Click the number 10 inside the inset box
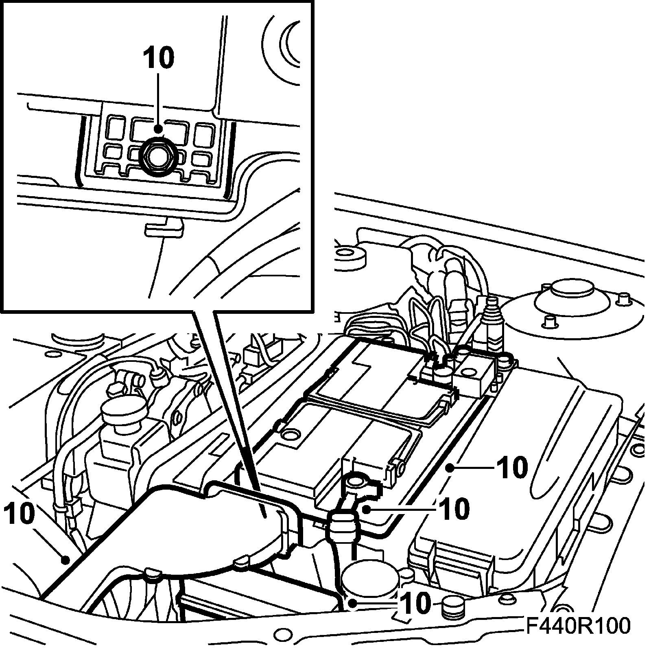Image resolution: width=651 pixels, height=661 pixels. tap(158, 58)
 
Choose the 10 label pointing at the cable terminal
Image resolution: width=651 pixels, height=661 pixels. tap(454, 509)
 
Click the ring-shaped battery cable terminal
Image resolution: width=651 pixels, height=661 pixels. tap(356, 483)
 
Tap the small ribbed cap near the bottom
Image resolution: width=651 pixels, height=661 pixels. tap(453, 608)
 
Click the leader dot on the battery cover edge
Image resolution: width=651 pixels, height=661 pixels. tap(450, 468)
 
